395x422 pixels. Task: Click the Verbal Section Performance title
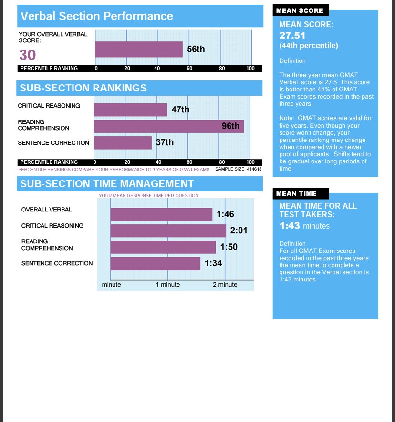[96, 16]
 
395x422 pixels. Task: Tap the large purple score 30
[28, 55]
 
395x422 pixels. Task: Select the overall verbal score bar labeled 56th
[139, 49]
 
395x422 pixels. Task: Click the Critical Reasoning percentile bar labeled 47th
[130, 110]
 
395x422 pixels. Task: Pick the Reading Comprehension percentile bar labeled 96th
[168, 126]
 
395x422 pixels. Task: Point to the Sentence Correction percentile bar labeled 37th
[123, 142]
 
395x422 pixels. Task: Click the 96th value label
[230, 126]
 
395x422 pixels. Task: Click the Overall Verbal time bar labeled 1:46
[161, 214]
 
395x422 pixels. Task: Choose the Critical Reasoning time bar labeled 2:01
[168, 231]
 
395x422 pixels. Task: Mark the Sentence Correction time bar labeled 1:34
[155, 263]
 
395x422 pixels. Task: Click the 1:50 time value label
[229, 247]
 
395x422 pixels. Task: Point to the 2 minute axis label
[225, 285]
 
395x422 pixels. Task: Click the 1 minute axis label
[167, 285]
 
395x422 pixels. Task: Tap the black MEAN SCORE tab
[300, 10]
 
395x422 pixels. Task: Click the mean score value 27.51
[292, 36]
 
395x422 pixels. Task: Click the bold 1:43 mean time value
[290, 226]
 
